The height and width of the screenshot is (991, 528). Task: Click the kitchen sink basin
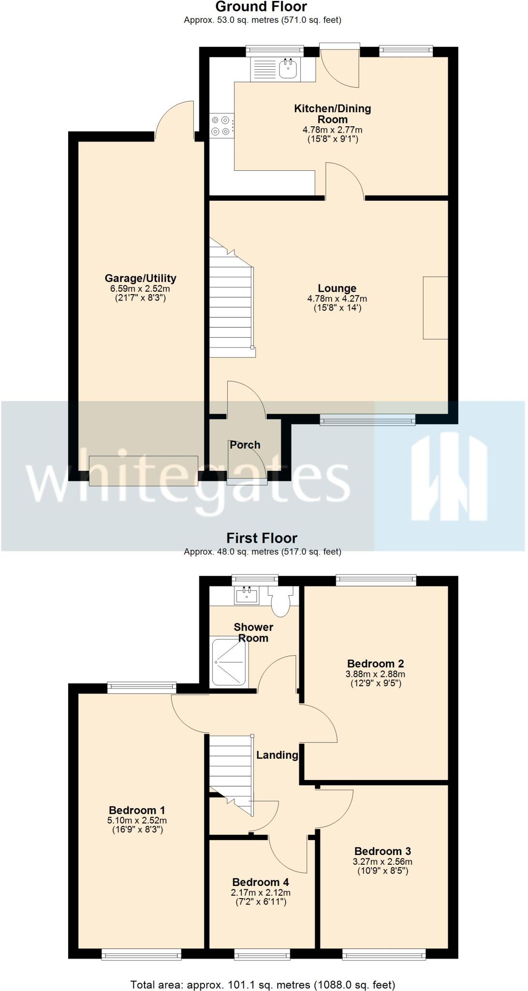tap(288, 69)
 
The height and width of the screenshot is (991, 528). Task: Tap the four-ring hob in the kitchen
tap(221, 125)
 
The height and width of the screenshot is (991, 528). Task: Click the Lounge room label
tap(337, 288)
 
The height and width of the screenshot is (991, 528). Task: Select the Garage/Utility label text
tap(140, 278)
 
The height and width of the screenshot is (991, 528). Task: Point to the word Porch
tap(245, 445)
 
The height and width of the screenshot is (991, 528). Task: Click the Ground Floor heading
tap(261, 7)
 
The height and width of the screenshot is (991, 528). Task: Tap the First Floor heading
tap(262, 538)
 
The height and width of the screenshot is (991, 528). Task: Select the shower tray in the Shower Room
tap(229, 661)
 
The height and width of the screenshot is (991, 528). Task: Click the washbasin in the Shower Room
tap(247, 595)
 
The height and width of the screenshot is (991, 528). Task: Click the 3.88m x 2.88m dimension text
tap(376, 674)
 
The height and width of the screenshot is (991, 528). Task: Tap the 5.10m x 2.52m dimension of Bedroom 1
tap(137, 820)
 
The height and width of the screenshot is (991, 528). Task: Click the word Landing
tap(277, 755)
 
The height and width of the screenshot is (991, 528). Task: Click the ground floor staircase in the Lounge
tap(231, 310)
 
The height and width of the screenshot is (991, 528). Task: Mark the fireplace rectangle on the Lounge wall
tap(435, 308)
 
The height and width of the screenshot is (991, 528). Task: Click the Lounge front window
tap(367, 420)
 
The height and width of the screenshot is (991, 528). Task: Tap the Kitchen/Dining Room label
tap(333, 114)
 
